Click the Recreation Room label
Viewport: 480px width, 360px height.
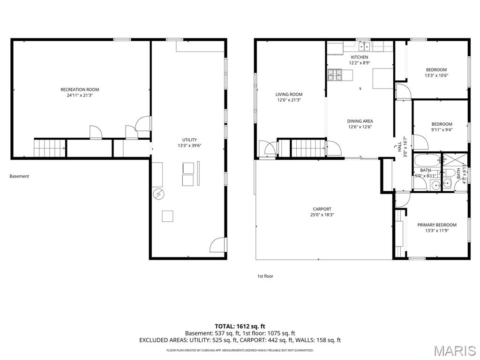(80, 90)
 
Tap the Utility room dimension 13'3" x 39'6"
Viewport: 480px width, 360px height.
(189, 146)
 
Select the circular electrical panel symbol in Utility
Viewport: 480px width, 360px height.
(158, 194)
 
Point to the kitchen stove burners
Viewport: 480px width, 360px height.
(336, 74)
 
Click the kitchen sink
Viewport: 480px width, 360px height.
(364, 46)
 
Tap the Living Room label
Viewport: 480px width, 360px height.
(289, 94)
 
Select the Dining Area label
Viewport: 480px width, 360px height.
(360, 121)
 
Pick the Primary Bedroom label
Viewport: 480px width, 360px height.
(437, 225)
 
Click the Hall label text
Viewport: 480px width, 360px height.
(399, 147)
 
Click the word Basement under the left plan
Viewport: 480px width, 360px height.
(19, 176)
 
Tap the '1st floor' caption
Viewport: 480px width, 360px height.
(265, 276)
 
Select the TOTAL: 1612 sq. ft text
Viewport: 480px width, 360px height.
(240, 326)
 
